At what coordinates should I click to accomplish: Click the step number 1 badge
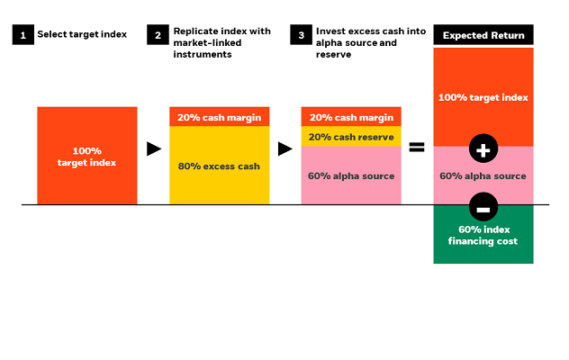coord(22,34)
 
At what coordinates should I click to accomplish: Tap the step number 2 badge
coord(158,34)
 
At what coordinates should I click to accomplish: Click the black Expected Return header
coord(483,35)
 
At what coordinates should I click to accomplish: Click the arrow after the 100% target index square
coord(154,148)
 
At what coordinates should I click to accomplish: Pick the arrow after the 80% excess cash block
coord(285,148)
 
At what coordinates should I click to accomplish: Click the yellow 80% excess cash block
coord(219,166)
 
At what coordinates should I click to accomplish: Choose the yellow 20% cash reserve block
coord(350,136)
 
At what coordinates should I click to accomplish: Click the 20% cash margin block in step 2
coord(219,117)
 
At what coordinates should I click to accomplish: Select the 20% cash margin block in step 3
coord(350,117)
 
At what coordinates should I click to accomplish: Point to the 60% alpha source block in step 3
coord(350,176)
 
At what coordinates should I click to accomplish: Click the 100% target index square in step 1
coord(87,156)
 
